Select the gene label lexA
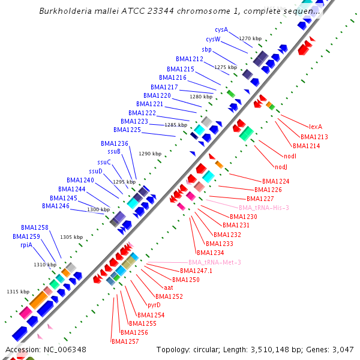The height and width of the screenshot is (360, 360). point(316,127)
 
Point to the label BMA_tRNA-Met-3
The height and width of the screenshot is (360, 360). point(215,262)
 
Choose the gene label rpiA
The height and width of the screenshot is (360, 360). point(26,245)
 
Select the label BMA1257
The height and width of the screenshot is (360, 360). point(125,341)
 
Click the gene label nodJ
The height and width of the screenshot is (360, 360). point(281,167)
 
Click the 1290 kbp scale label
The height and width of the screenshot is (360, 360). point(150,154)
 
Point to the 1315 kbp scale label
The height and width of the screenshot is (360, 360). point(18,292)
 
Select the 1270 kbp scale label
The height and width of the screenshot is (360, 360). point(250,38)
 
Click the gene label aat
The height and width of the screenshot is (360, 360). point(169,288)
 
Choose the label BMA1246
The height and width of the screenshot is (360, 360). point(56,206)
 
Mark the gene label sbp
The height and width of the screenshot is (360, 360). point(206,49)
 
